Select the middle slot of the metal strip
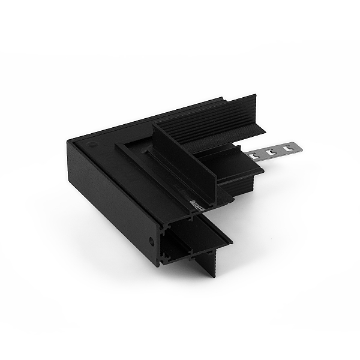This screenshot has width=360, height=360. click(x=271, y=152)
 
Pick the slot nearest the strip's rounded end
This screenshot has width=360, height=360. click(x=286, y=148)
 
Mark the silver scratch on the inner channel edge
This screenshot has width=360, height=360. click(x=196, y=205)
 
